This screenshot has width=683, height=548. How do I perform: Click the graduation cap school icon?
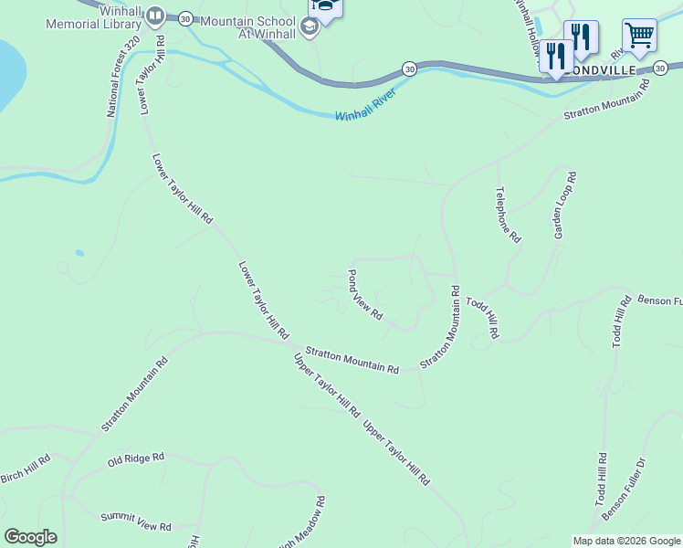[x=309, y=26]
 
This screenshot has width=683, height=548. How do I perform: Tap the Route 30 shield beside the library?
[x=185, y=17]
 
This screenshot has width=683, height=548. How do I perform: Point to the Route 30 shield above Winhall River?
[x=408, y=68]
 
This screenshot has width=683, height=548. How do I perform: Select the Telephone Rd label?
[x=508, y=215]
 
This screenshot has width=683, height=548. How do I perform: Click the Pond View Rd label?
[x=365, y=294]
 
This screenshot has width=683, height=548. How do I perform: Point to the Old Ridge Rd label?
[x=135, y=458]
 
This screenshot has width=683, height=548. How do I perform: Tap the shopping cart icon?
[x=639, y=37]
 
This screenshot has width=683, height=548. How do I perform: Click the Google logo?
[x=30, y=536]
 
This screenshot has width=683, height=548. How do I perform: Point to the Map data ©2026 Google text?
[x=625, y=540]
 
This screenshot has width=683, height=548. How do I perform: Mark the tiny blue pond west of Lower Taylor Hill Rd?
[x=80, y=253]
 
